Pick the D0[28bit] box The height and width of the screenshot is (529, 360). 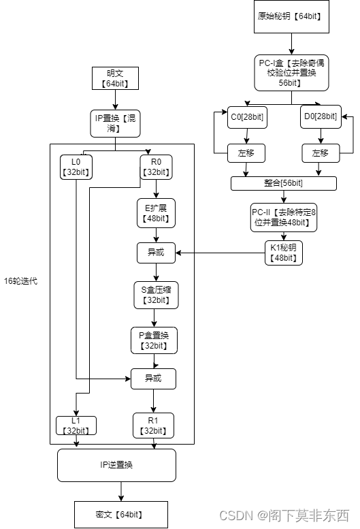coord(320,117)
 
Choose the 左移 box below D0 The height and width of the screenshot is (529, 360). coord(320,153)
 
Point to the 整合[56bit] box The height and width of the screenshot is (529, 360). coord(284,183)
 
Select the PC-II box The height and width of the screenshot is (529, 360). coord(284,217)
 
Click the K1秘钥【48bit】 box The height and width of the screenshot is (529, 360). coord(284,253)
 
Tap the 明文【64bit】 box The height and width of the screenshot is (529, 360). coord(114,78)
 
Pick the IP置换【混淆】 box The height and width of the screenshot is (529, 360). coord(114,123)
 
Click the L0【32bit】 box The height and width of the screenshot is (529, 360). coord(76,167)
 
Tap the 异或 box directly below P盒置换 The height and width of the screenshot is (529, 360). coord(154,379)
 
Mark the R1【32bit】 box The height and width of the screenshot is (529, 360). coord(154,426)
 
